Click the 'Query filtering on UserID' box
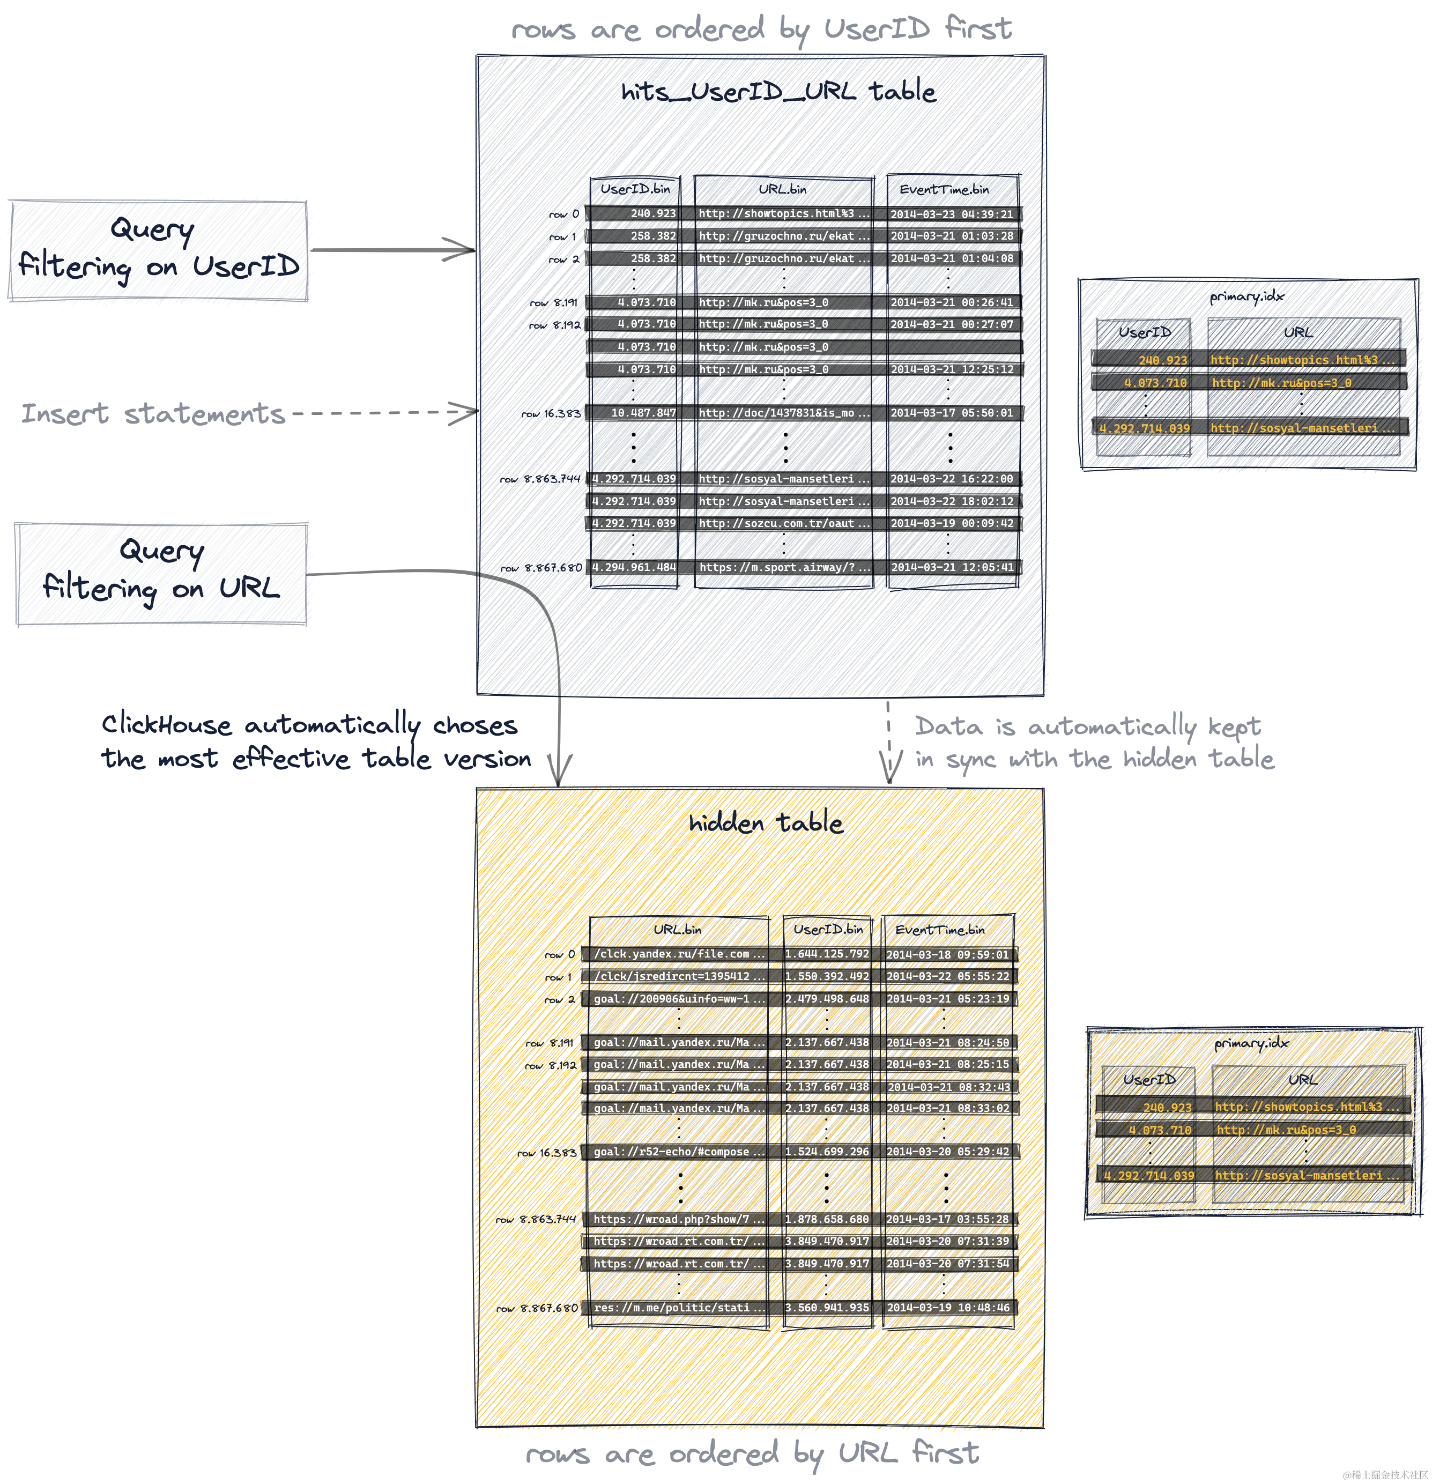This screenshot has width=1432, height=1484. click(x=158, y=249)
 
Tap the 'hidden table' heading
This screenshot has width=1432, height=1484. click(x=765, y=823)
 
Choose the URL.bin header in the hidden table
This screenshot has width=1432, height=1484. click(x=677, y=929)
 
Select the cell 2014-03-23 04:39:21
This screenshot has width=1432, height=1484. click(x=951, y=214)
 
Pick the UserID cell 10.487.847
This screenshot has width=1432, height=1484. click(x=633, y=413)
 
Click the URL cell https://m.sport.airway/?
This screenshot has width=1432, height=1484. click(x=784, y=566)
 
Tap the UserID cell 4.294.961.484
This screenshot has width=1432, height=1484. click(x=633, y=566)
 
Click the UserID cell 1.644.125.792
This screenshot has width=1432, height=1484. click(x=826, y=954)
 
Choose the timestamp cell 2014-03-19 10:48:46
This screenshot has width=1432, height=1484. click(x=947, y=1308)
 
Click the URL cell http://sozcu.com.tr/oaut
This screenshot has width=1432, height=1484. click(x=784, y=523)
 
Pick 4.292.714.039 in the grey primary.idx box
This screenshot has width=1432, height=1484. click(x=1144, y=428)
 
